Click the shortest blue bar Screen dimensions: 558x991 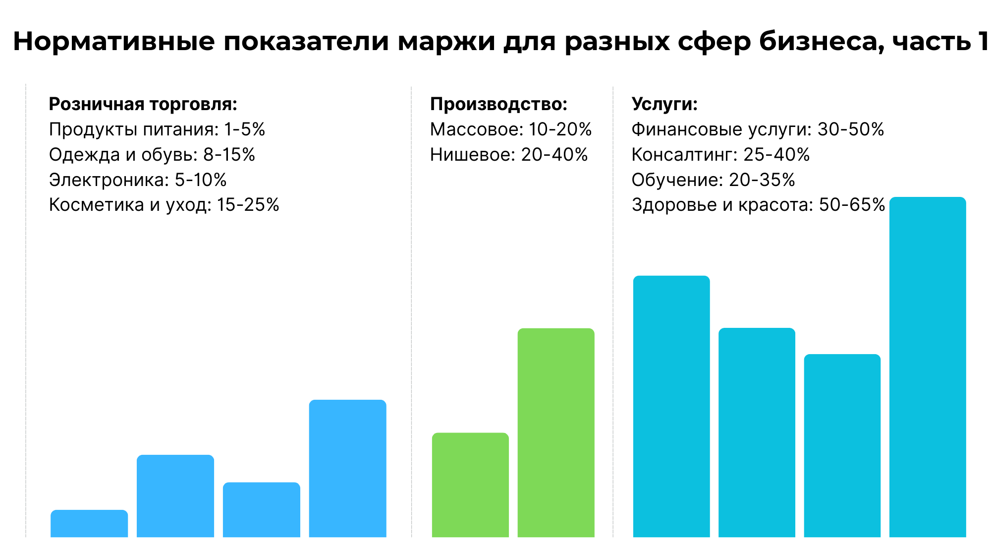pyautogui.click(x=89, y=523)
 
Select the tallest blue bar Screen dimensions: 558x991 pyautogui.click(x=347, y=468)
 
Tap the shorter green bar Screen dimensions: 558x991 pyautogui.click(x=470, y=485)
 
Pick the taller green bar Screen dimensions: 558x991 pyautogui.click(x=555, y=433)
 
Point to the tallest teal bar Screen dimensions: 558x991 pyautogui.click(x=928, y=367)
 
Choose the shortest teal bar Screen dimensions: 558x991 pyautogui.click(x=842, y=445)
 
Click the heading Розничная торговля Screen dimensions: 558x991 pyautogui.click(x=143, y=104)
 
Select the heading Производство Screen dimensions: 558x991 pyautogui.click(x=498, y=104)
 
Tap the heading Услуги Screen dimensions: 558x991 pyautogui.click(x=664, y=104)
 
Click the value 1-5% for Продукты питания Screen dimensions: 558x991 pyautogui.click(x=245, y=129)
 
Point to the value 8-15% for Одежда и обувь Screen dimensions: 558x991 pyautogui.click(x=229, y=155)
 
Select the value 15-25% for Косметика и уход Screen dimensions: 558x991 pyautogui.click(x=248, y=205)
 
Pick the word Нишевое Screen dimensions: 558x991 pyautogui.click(x=473, y=155)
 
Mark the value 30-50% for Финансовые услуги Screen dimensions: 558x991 pyautogui.click(x=851, y=129)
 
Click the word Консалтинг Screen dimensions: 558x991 pyautogui.click(x=684, y=155)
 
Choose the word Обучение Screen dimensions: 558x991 pyautogui.click(x=677, y=180)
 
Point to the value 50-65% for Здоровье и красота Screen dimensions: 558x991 pyautogui.click(x=852, y=205)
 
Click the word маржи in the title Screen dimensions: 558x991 pyautogui.click(x=446, y=42)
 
